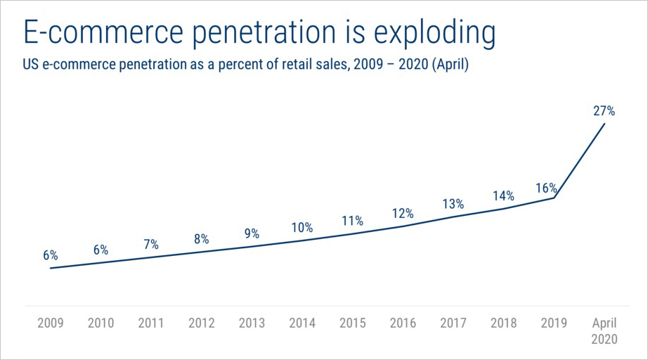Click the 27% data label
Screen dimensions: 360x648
click(604, 110)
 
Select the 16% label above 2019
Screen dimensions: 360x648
click(545, 188)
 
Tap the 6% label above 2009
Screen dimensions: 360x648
click(50, 255)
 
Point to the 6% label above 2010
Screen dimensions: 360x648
click(101, 250)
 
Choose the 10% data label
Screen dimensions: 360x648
click(302, 228)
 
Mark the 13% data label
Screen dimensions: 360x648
click(453, 204)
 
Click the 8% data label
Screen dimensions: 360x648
click(202, 239)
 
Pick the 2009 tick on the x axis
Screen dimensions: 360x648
click(50, 323)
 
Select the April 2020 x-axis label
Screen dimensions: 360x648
click(604, 330)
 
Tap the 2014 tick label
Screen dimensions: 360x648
click(302, 323)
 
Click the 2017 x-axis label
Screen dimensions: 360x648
click(453, 323)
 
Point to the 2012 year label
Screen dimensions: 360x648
click(202, 323)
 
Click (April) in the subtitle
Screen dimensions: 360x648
click(450, 66)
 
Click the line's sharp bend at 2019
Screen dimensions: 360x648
click(555, 198)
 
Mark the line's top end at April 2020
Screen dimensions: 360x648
click(605, 124)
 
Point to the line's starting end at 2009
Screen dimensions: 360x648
click(51, 268)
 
